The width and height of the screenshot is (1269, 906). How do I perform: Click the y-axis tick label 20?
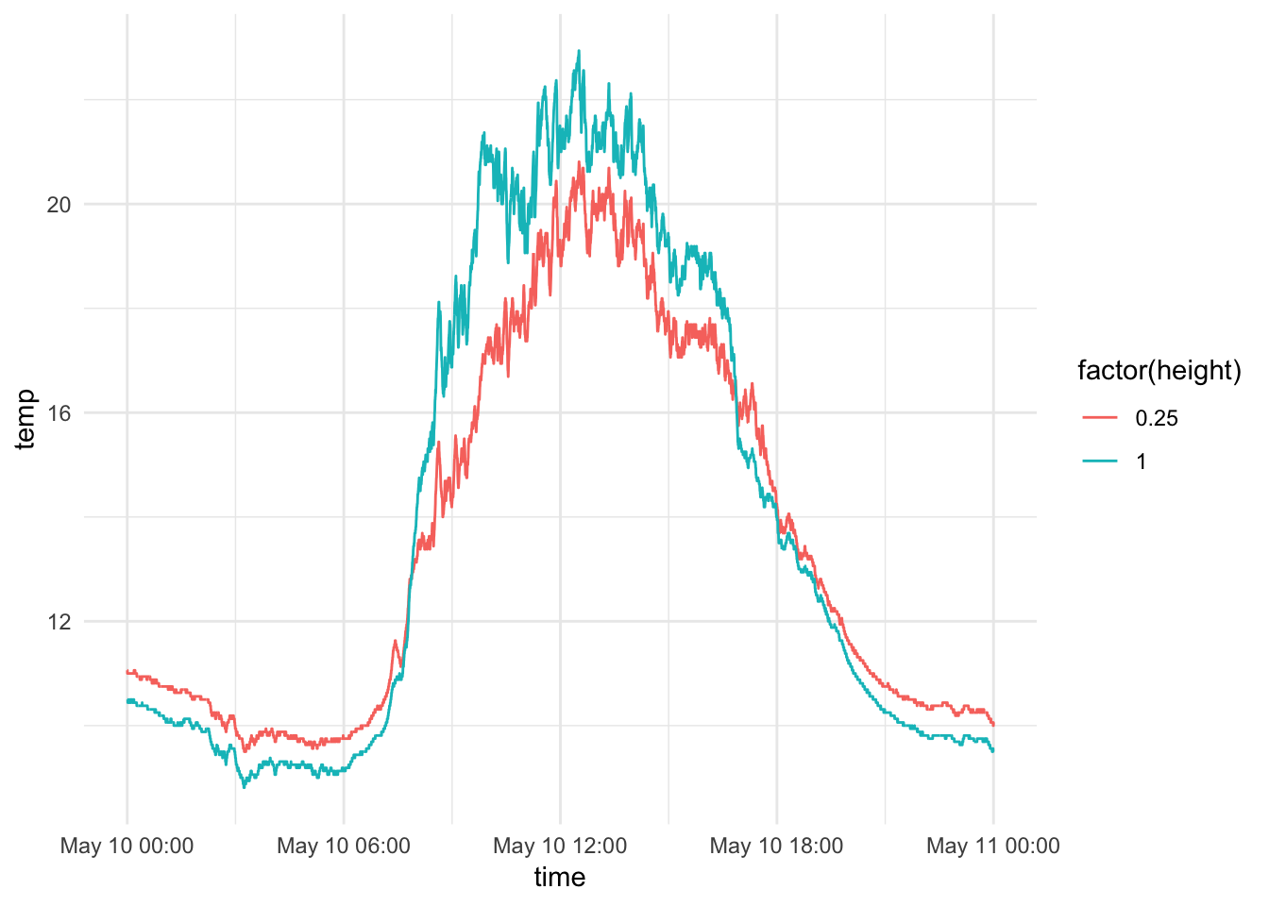pyautogui.click(x=59, y=205)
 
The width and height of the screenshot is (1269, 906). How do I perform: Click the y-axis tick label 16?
pyautogui.click(x=59, y=413)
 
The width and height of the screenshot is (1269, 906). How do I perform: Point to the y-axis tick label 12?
pyautogui.click(x=59, y=622)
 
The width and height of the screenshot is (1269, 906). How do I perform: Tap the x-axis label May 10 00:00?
pyautogui.click(x=127, y=846)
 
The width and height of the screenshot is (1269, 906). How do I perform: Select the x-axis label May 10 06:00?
pyautogui.click(x=344, y=846)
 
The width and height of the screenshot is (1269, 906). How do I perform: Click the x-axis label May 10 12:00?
pyautogui.click(x=560, y=846)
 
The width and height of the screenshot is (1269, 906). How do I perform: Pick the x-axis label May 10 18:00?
pyautogui.click(x=776, y=846)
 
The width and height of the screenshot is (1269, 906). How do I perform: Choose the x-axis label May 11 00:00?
pyautogui.click(x=993, y=846)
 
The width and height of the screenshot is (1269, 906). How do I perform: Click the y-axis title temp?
pyautogui.click(x=25, y=419)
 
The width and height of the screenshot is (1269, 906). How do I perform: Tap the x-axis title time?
pyautogui.click(x=560, y=878)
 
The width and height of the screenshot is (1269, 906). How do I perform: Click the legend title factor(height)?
pyautogui.click(x=1159, y=371)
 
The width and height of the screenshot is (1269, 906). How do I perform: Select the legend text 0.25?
pyautogui.click(x=1157, y=418)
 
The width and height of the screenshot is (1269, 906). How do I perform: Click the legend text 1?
pyautogui.click(x=1142, y=461)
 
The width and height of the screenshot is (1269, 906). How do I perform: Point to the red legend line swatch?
pyautogui.click(x=1100, y=418)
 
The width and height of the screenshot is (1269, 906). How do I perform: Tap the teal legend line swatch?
pyautogui.click(x=1100, y=461)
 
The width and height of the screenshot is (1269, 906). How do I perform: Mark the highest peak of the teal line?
pyautogui.click(x=579, y=51)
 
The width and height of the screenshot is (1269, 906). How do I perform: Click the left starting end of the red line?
pyautogui.click(x=127, y=672)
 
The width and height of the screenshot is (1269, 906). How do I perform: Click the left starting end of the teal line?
pyautogui.click(x=127, y=700)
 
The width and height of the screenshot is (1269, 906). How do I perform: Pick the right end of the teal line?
pyautogui.click(x=993, y=750)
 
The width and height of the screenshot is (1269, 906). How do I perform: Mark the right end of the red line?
pyautogui.click(x=993, y=724)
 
